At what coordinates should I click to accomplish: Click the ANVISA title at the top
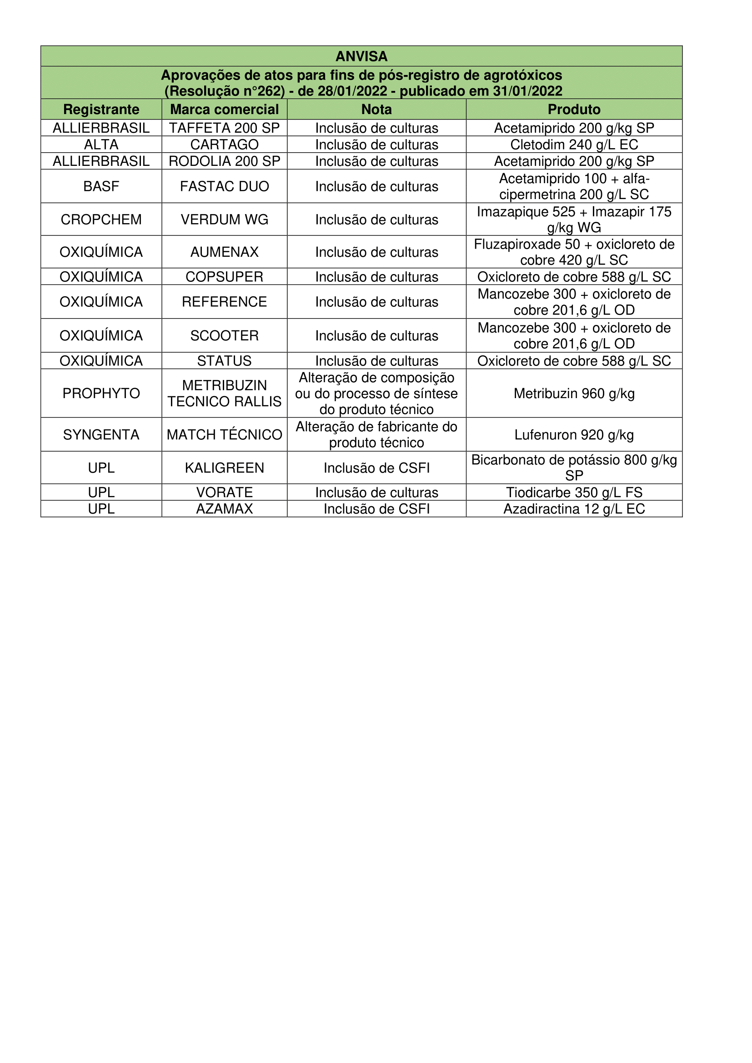tap(361, 56)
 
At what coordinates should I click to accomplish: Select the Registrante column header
tap(101, 109)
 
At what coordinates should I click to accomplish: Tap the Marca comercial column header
tap(224, 109)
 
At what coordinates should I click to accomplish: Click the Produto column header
tap(574, 109)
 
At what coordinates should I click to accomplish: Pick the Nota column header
tap(376, 109)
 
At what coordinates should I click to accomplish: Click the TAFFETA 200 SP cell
tap(224, 128)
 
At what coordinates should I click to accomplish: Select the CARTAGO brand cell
tap(224, 145)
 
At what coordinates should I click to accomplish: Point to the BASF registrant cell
tap(101, 186)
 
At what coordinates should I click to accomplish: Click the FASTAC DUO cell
tap(224, 186)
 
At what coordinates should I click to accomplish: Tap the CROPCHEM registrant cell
tap(101, 220)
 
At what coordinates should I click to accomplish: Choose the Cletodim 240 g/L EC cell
tap(574, 145)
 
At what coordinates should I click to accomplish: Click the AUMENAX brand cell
tap(224, 252)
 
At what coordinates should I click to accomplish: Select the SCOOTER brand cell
tap(224, 336)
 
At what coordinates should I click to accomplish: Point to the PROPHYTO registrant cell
tap(101, 394)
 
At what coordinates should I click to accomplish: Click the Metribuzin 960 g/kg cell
tap(574, 394)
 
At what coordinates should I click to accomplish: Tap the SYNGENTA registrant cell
tap(101, 435)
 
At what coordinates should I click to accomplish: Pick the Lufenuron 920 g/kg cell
tap(574, 435)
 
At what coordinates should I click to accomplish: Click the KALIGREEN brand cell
tap(224, 468)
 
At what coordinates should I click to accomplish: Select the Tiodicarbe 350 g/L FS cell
tap(574, 492)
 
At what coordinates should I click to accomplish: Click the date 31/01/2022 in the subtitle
tap(527, 91)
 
